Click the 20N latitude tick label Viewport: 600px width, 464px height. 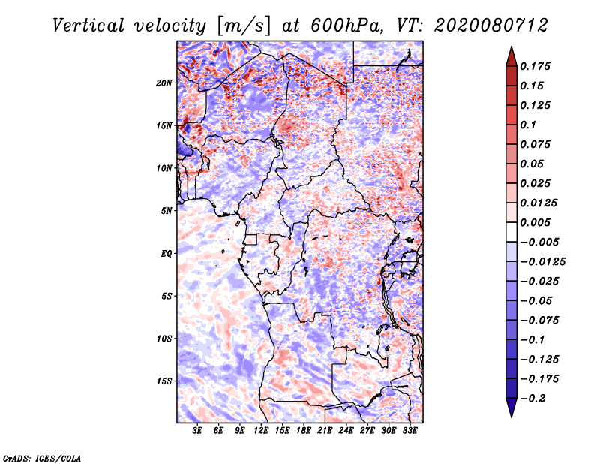point(164,83)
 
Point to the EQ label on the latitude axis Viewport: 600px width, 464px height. point(166,253)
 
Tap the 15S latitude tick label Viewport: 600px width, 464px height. point(164,381)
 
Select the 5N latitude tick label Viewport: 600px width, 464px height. point(166,210)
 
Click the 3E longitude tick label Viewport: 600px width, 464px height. point(198,431)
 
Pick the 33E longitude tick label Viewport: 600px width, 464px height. point(409,431)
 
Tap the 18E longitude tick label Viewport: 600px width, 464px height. point(304,431)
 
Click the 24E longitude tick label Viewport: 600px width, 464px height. point(346,431)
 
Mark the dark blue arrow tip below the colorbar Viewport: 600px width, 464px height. point(511,411)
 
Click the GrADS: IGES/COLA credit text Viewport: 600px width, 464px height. point(41,458)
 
